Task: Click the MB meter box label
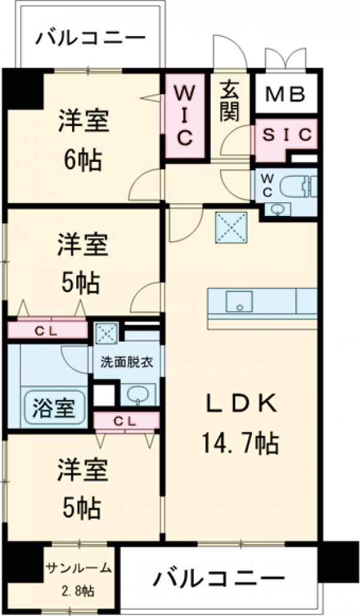pos(286,94)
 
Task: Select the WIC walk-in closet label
pos(185,116)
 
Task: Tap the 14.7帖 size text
pos(239,444)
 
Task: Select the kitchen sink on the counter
pos(239,301)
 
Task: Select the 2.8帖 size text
pos(79,590)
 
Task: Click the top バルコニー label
pos(91,39)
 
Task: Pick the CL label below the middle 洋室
pos(46,329)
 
